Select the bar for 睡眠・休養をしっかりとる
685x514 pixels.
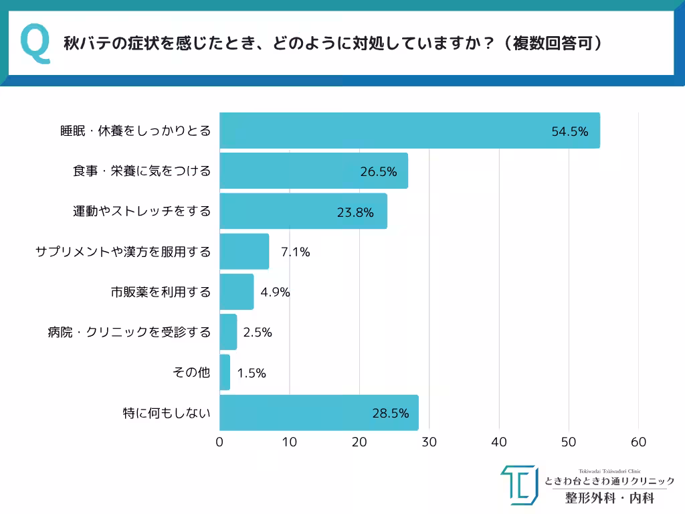click(x=409, y=131)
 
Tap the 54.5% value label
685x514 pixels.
click(x=569, y=132)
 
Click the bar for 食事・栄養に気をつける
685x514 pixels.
click(x=313, y=171)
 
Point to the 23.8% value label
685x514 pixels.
click(x=355, y=212)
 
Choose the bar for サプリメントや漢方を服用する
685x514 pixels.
click(x=244, y=252)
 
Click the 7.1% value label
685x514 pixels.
click(x=295, y=252)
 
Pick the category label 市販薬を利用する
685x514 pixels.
click(x=161, y=292)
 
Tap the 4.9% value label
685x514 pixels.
click(x=274, y=292)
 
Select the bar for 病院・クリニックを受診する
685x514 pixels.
click(x=228, y=332)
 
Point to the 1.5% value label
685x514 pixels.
click(x=252, y=373)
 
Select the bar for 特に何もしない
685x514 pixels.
click(x=318, y=412)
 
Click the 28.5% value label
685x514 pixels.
click(x=390, y=413)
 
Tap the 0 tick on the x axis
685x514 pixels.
click(x=219, y=442)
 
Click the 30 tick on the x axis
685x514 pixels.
click(x=429, y=442)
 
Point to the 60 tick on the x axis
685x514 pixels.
click(x=638, y=442)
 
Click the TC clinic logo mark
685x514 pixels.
click(x=519, y=485)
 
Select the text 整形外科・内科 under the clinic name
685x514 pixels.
click(x=609, y=498)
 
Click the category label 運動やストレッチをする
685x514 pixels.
click(x=142, y=211)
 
